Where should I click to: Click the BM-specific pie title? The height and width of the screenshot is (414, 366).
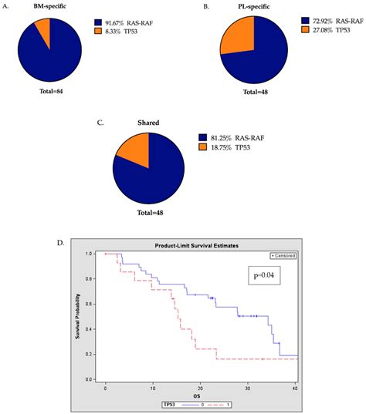click(49, 6)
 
